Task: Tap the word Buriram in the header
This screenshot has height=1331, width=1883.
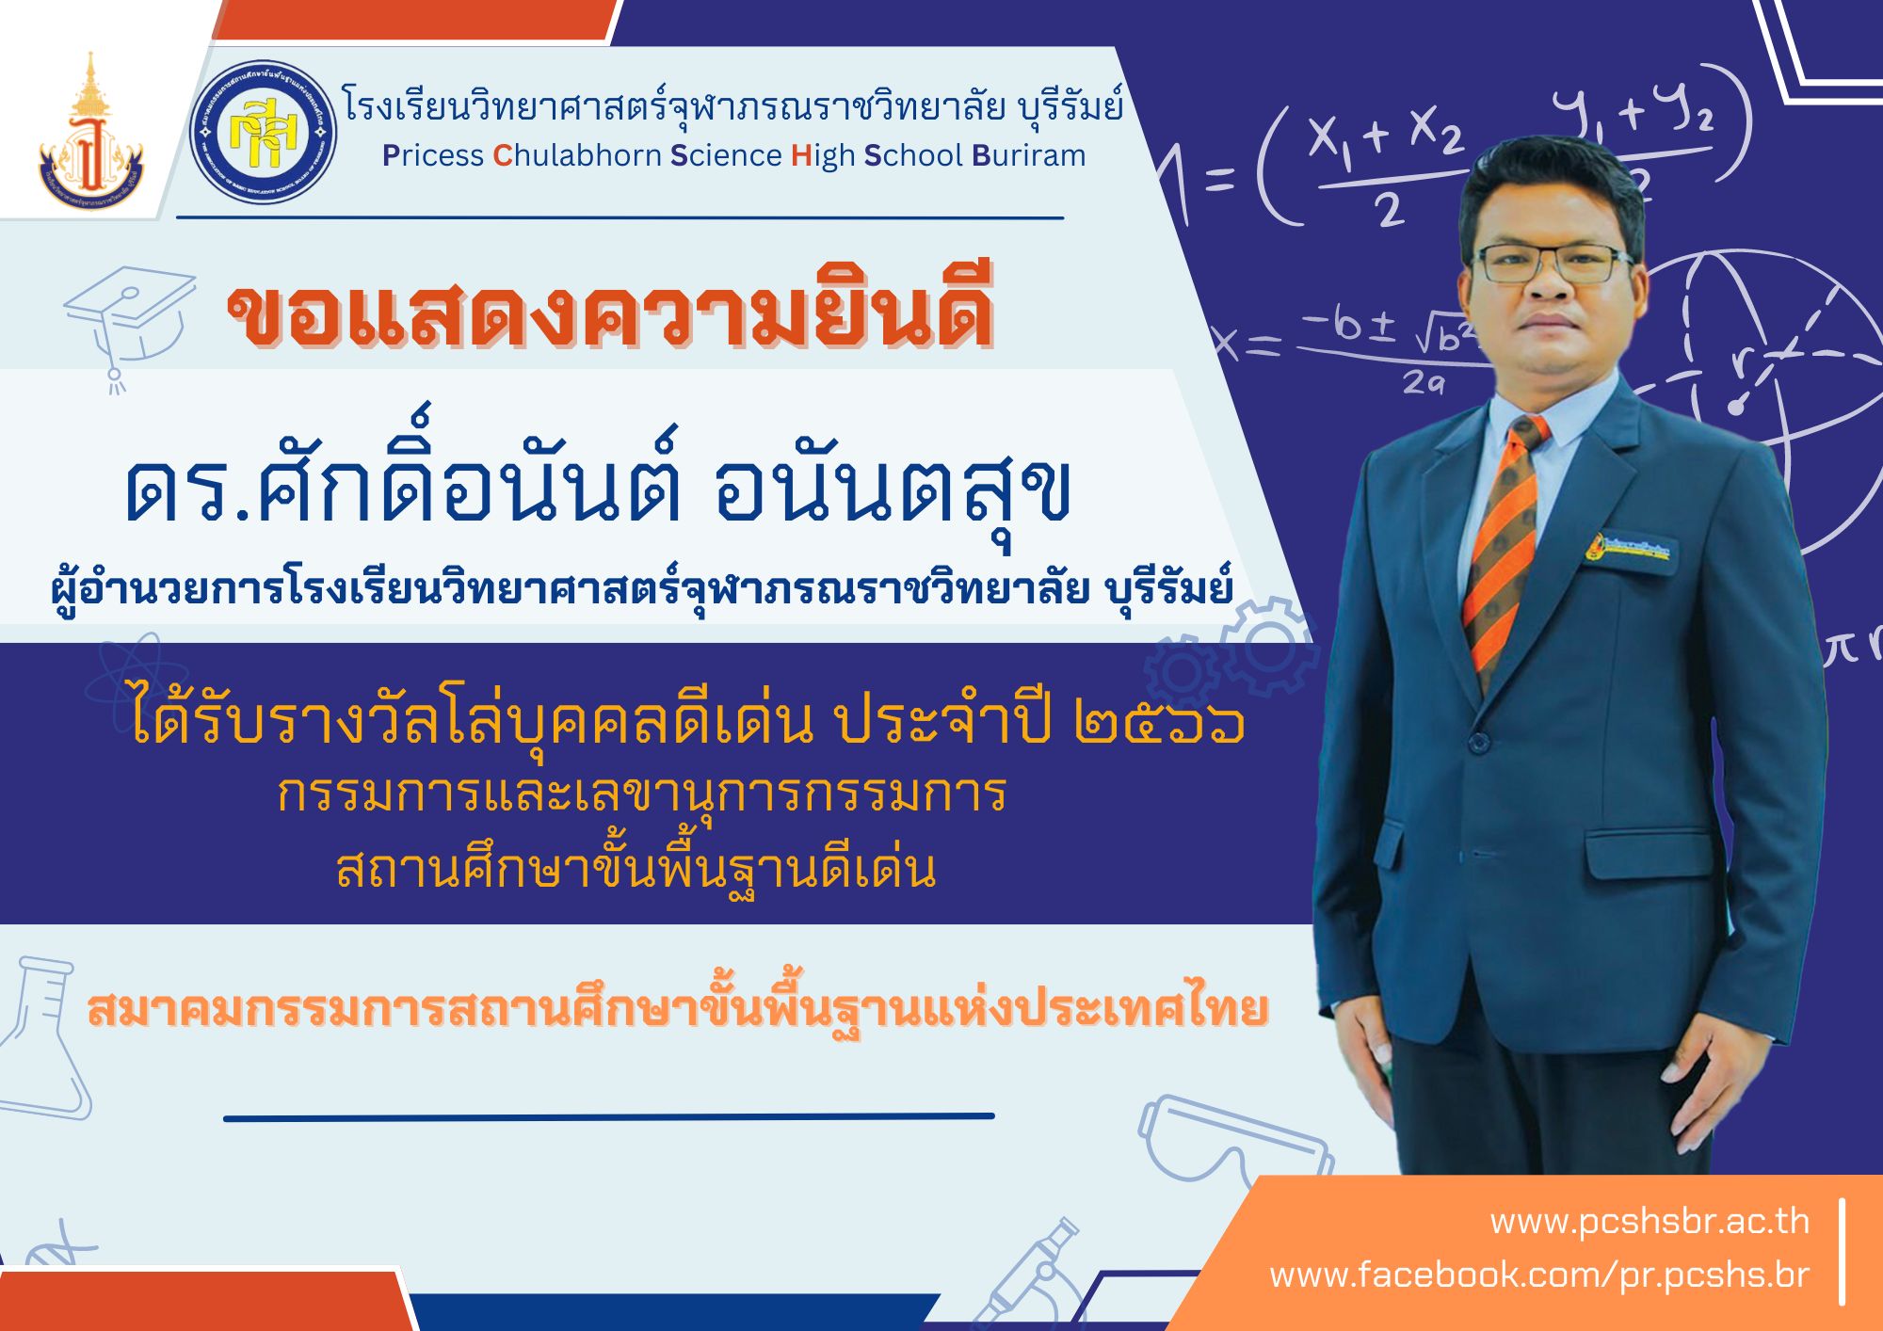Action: (1028, 155)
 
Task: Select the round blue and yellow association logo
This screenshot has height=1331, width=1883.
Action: (263, 133)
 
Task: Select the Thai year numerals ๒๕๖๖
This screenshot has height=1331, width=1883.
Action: (1160, 723)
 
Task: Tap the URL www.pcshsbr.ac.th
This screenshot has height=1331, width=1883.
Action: (1650, 1221)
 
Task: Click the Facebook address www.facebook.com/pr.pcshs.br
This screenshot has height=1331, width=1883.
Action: (1539, 1275)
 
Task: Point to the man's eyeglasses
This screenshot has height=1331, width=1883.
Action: (1554, 265)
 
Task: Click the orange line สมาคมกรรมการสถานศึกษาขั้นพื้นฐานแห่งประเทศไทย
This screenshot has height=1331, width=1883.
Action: (677, 1009)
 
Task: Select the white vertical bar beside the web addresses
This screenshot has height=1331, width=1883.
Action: (1842, 1252)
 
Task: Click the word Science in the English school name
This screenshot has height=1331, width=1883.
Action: (726, 155)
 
